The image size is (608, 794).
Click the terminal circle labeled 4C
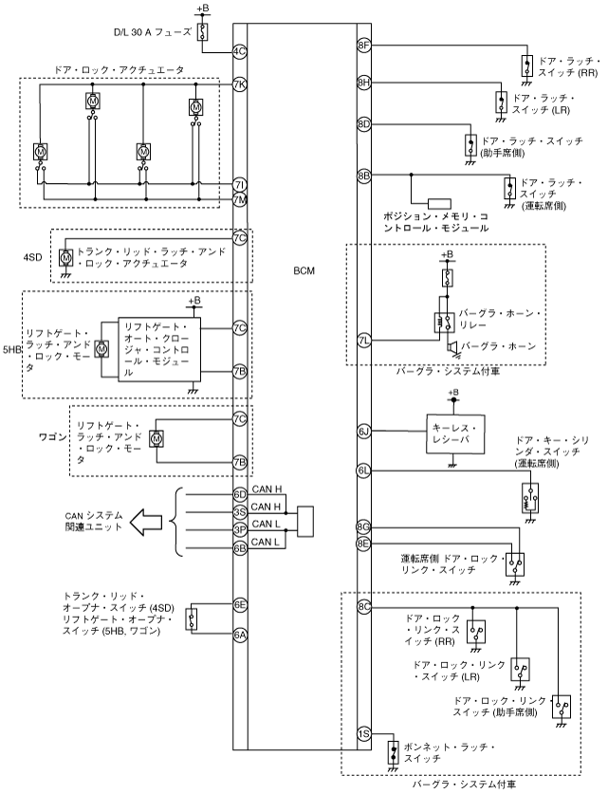point(240,51)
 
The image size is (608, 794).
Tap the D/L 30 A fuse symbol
point(204,31)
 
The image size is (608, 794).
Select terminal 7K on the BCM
point(240,84)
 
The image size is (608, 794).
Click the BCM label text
point(304,271)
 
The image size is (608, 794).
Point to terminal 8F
point(364,45)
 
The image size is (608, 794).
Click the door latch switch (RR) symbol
point(527,65)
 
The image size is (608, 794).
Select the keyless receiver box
point(455,434)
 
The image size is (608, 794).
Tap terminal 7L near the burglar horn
point(364,341)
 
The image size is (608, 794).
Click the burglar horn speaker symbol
point(451,347)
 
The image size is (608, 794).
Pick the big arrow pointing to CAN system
point(146,522)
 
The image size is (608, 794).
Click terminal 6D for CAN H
point(240,494)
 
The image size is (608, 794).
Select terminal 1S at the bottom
point(364,734)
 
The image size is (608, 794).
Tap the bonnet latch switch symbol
point(393,752)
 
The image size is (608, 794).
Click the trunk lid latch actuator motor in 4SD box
point(65,258)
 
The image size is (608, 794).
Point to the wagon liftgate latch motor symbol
point(157,438)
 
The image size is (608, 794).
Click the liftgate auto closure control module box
point(159,349)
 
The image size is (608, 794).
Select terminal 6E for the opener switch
point(240,604)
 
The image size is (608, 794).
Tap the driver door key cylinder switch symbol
point(530,498)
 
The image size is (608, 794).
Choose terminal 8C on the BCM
point(364,607)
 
